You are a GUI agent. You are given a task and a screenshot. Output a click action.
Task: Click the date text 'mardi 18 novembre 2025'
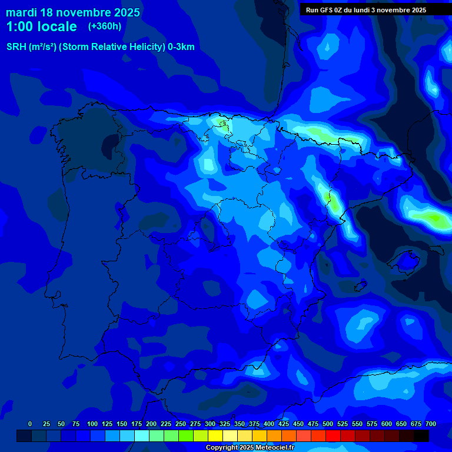[73, 12]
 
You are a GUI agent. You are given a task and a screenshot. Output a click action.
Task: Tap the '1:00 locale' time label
[41, 26]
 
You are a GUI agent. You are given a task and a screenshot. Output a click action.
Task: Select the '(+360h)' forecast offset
[105, 26]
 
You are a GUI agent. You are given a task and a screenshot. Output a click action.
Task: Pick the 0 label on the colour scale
[30, 424]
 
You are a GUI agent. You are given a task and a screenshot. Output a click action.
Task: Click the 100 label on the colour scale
[92, 424]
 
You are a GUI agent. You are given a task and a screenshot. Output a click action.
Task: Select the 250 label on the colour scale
[181, 424]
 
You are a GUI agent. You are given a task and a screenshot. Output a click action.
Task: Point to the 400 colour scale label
[269, 424]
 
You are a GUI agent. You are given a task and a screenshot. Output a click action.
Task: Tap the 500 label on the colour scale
[328, 424]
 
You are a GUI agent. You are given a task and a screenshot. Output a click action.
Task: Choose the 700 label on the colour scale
[431, 424]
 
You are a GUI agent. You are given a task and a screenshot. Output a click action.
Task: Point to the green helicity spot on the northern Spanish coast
[222, 123]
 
